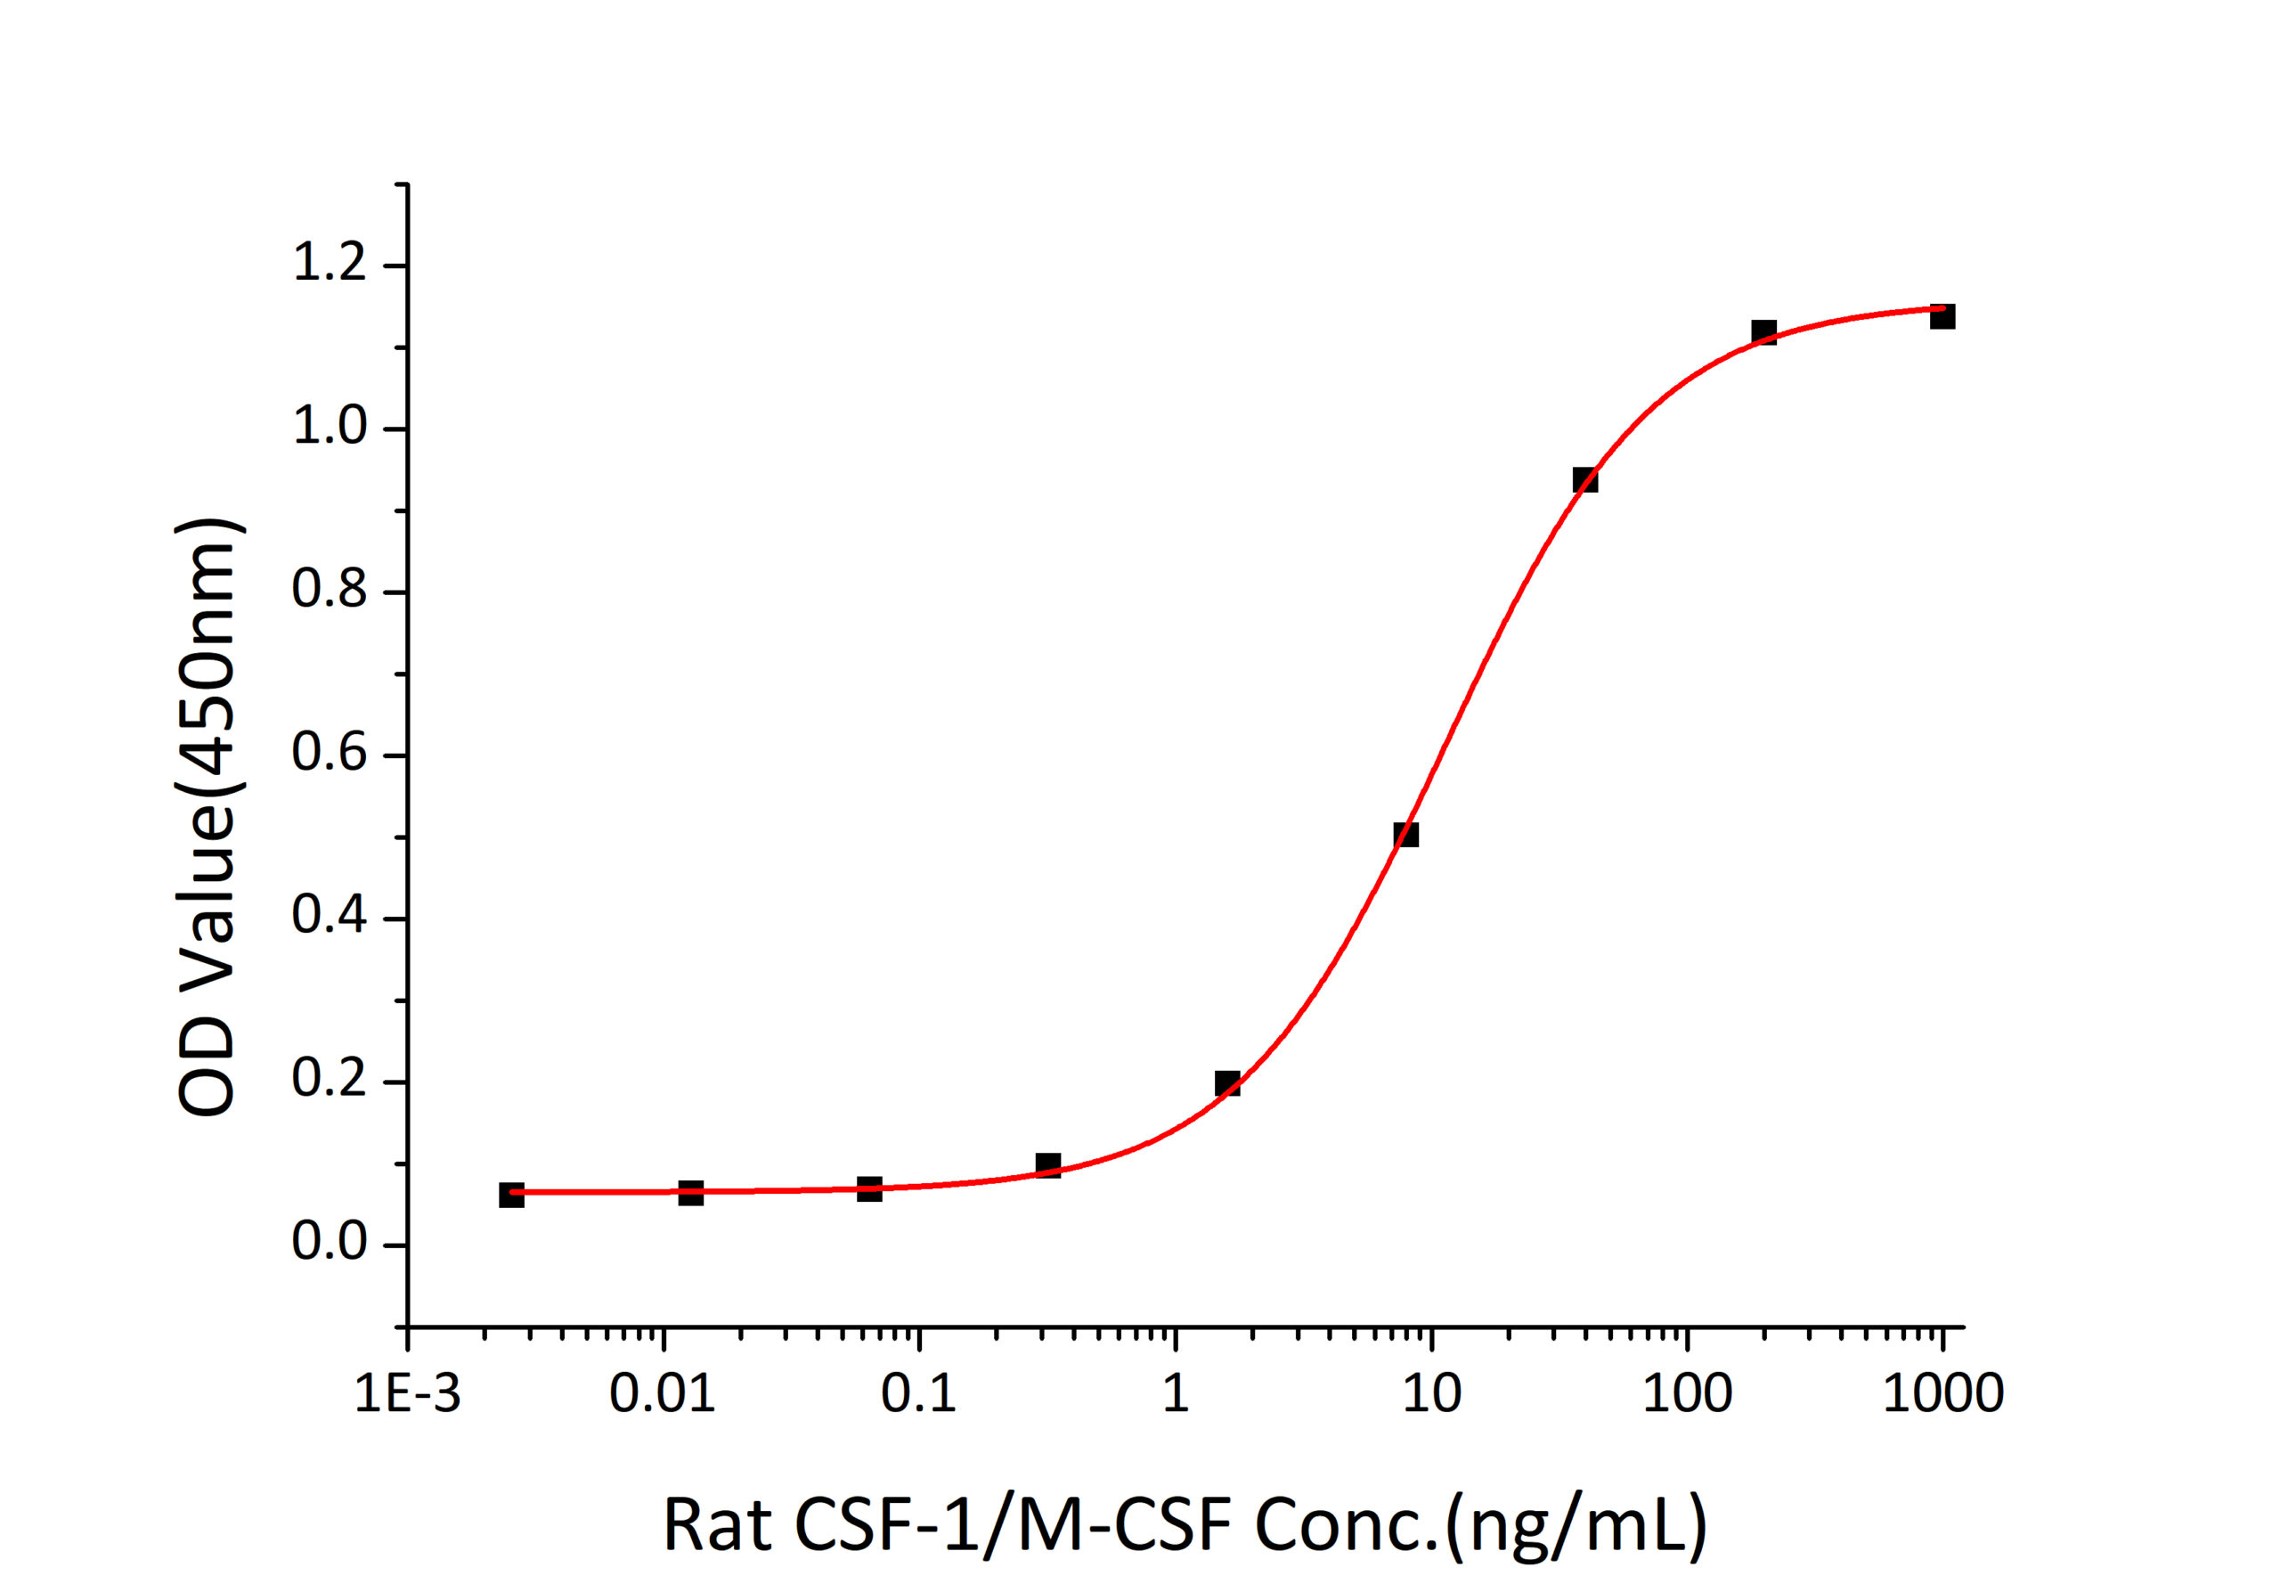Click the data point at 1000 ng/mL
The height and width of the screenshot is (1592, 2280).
(1942, 317)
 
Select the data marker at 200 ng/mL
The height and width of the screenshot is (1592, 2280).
(1763, 331)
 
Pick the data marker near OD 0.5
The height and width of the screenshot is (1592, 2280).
(1406, 834)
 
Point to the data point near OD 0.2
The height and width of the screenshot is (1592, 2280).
(1227, 1082)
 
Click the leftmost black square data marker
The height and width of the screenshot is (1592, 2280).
(511, 1195)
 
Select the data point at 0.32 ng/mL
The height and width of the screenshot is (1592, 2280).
(1047, 1165)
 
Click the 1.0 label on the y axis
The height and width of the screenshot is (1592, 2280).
(330, 427)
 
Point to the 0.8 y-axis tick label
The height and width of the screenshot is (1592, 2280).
(330, 590)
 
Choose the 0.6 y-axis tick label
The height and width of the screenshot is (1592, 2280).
(330, 754)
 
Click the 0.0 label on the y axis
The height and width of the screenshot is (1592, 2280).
(330, 1244)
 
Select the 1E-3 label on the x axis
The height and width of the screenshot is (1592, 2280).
(408, 1393)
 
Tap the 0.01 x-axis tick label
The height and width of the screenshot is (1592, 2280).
(663, 1393)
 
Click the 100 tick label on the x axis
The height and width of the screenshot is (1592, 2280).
(1687, 1393)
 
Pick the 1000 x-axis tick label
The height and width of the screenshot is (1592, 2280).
(1943, 1393)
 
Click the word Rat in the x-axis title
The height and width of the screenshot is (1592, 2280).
(717, 1526)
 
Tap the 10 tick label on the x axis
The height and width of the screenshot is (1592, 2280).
(1431, 1393)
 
